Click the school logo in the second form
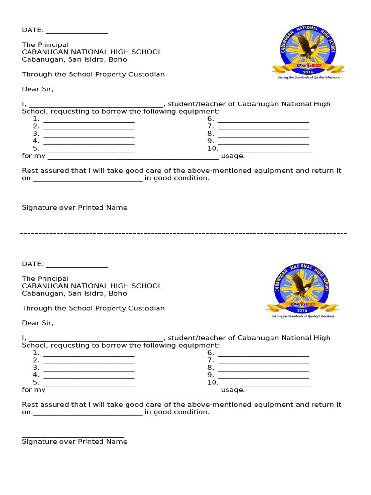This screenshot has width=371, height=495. [302, 291]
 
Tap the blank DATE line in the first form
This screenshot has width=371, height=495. [77, 31]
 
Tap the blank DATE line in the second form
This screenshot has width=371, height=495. [77, 265]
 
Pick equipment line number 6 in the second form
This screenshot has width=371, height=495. [263, 354]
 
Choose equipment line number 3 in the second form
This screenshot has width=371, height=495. [89, 368]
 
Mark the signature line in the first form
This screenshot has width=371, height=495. [72, 203]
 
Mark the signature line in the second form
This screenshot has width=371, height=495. [72, 437]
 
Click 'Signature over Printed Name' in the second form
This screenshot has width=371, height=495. [74, 442]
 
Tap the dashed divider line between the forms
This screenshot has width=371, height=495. [184, 234]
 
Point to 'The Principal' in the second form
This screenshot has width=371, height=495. [45, 279]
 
